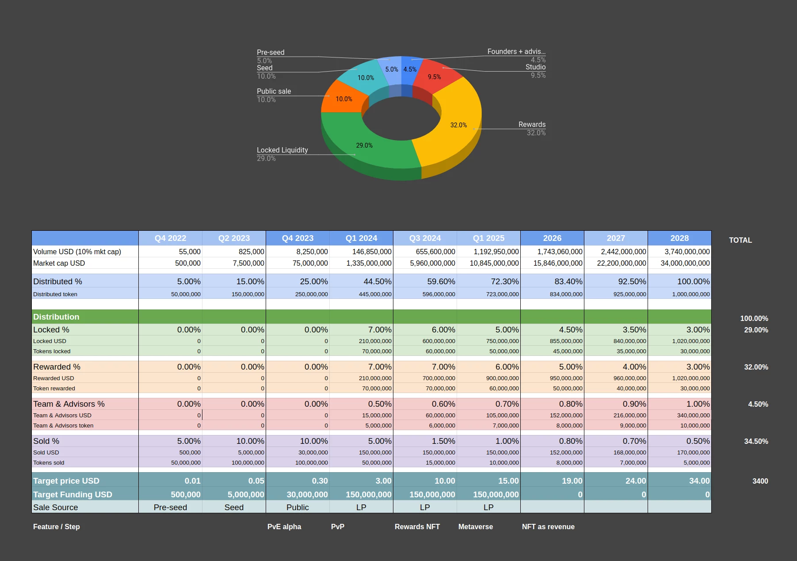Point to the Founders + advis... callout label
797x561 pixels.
pos(516,52)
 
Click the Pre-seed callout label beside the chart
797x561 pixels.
pos(271,53)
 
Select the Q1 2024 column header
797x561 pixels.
pos(361,238)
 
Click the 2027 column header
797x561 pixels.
pos(616,238)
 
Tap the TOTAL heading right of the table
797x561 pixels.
pos(740,240)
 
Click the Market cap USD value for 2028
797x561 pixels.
pos(685,263)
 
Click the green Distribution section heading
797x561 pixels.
pos(57,317)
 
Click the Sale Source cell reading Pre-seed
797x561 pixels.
pos(170,508)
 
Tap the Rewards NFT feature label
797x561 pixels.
pos(417,527)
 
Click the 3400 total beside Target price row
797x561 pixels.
pos(760,481)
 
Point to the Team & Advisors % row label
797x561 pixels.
pos(69,404)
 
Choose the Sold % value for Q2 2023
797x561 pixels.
pos(250,441)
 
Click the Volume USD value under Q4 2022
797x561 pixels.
pos(190,252)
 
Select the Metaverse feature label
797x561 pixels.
pos(475,527)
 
